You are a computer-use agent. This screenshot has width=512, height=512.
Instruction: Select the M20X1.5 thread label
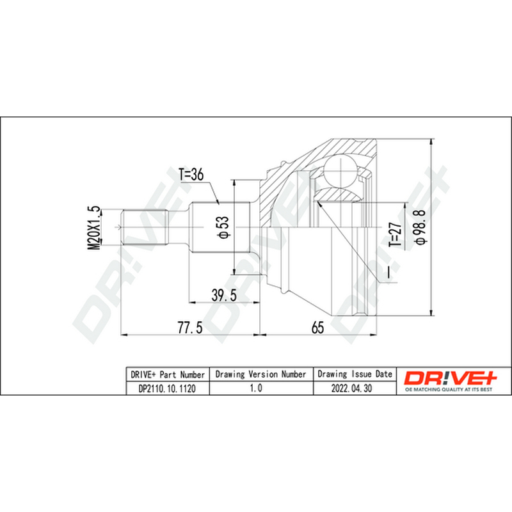pos(93,228)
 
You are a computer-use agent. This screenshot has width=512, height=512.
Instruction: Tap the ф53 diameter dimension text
pos(224,227)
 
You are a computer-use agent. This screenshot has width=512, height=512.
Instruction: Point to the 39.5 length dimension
pos(224,296)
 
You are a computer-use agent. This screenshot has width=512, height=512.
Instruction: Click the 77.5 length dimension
pos(190,328)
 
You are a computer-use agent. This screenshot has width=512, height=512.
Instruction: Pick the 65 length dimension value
pos(317,328)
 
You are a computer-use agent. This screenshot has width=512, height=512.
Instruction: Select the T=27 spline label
pos(395,235)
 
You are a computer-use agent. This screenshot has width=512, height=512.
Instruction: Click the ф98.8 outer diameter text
pos(420,227)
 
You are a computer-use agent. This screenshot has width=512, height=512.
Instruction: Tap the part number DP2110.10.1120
pos(167,388)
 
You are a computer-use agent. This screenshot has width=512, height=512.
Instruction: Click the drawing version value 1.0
pos(256,388)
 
